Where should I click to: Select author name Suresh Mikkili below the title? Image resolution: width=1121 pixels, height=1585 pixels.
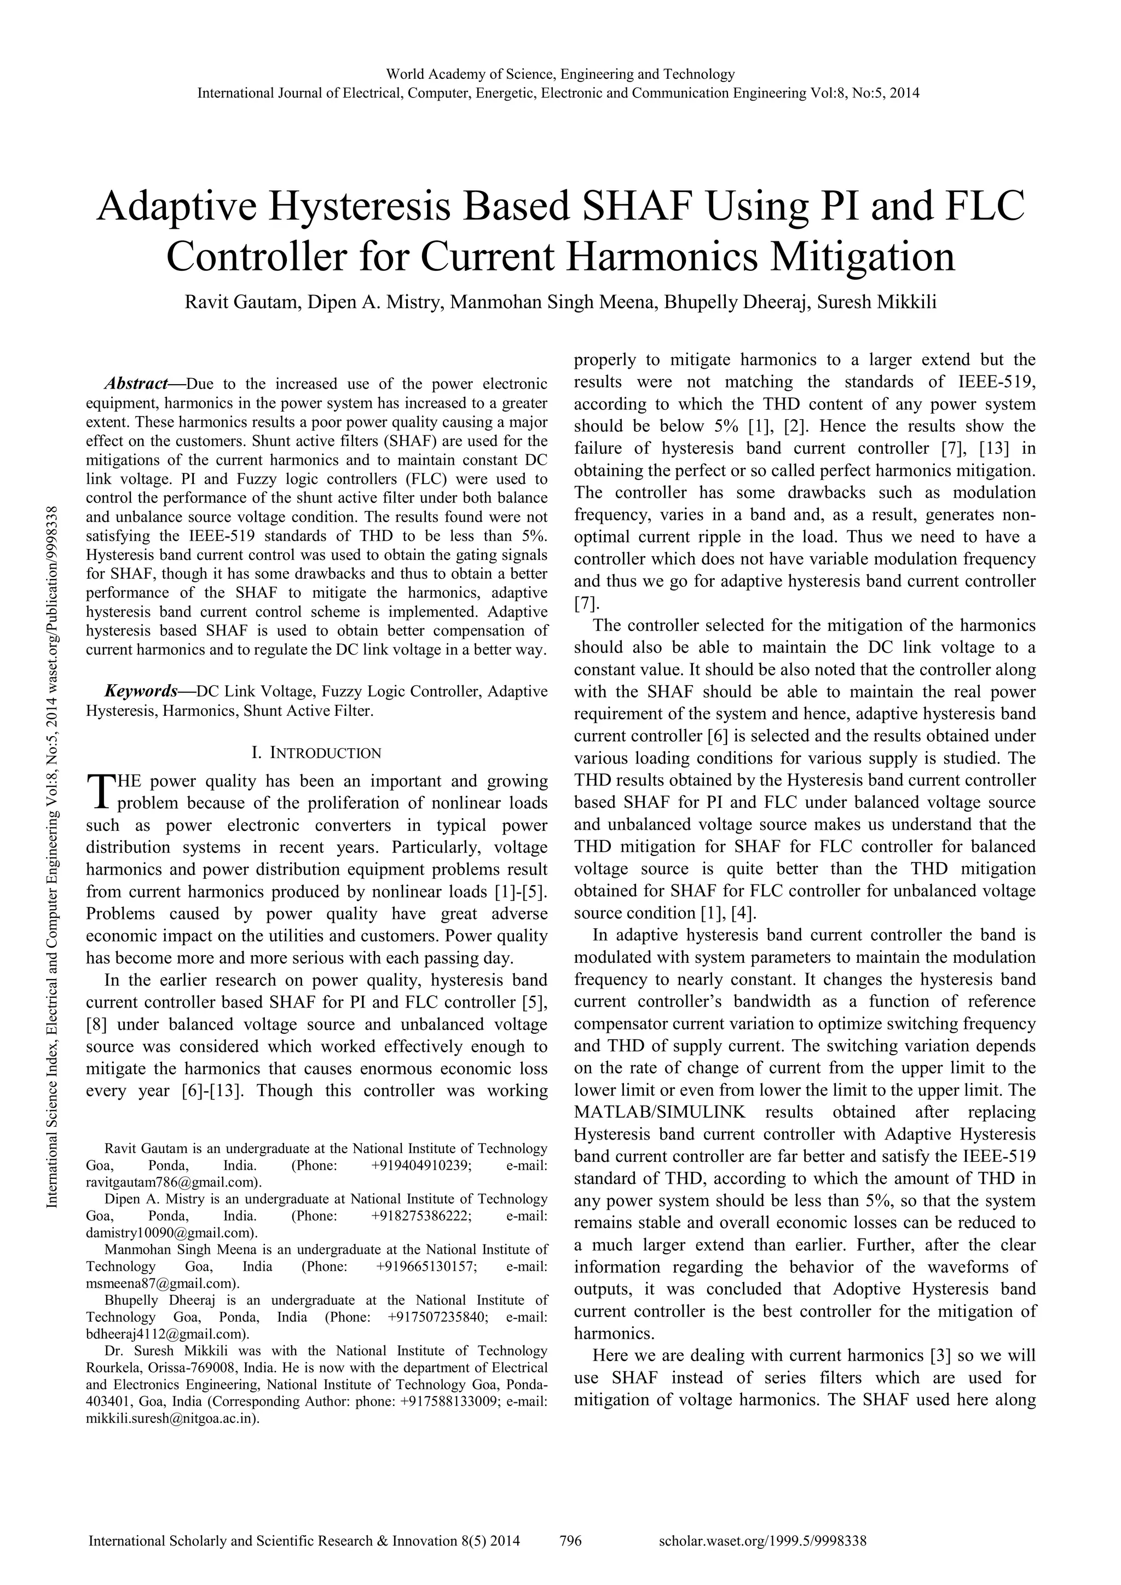tap(877, 302)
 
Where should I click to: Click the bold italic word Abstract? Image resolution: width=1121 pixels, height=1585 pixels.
tap(136, 383)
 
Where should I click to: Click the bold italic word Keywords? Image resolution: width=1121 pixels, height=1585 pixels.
tap(141, 691)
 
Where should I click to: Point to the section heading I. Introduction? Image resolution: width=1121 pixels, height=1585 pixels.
tap(317, 752)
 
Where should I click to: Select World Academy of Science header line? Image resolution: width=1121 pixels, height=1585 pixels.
tap(560, 74)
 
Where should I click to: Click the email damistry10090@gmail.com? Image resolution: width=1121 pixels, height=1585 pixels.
tap(172, 1232)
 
